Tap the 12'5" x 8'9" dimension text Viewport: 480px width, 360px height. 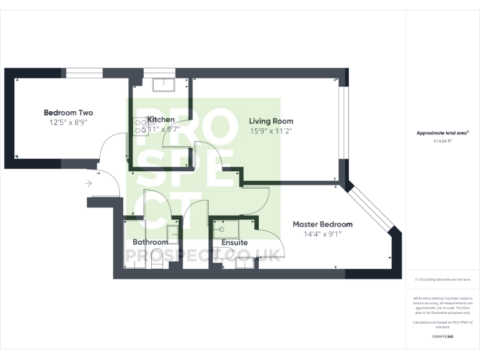(68, 122)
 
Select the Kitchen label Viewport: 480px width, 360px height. (161, 119)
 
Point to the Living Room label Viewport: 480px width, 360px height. (271, 121)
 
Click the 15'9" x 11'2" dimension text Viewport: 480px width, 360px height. (271, 131)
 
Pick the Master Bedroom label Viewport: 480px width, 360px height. (322, 224)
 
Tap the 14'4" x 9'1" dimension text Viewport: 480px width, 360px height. (322, 234)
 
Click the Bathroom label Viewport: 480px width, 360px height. (150, 242)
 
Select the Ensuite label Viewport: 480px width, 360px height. (234, 242)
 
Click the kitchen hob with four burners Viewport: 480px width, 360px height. (139, 127)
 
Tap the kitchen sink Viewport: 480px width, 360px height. (166, 84)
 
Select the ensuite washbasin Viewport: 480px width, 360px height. (227, 228)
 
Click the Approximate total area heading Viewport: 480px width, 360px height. (442, 133)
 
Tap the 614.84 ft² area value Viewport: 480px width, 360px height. (442, 141)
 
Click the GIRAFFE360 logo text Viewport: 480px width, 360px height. (442, 337)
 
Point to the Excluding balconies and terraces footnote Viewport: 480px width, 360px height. (442, 279)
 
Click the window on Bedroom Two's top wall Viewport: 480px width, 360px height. (84, 73)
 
